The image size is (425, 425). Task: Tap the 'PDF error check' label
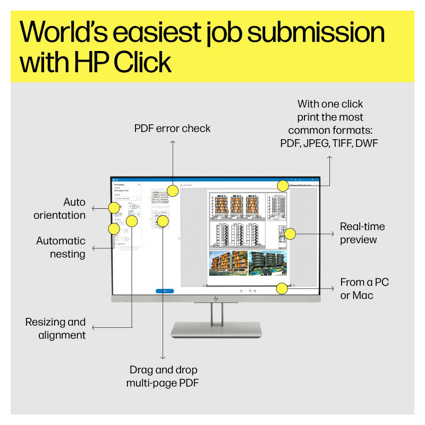coord(172,129)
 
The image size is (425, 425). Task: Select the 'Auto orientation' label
coord(59,209)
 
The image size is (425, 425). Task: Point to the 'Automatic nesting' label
coord(61,248)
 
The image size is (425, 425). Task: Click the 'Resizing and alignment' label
coord(55,328)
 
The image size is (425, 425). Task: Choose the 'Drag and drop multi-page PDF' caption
coord(163,376)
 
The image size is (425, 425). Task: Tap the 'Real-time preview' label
coord(362,233)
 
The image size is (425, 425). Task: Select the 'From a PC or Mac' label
coord(364,288)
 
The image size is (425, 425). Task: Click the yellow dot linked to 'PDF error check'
coord(172,190)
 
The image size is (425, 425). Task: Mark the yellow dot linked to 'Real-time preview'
coord(290,233)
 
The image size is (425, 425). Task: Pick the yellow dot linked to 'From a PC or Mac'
coord(282,288)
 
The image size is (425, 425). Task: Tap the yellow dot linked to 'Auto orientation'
coord(114,208)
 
